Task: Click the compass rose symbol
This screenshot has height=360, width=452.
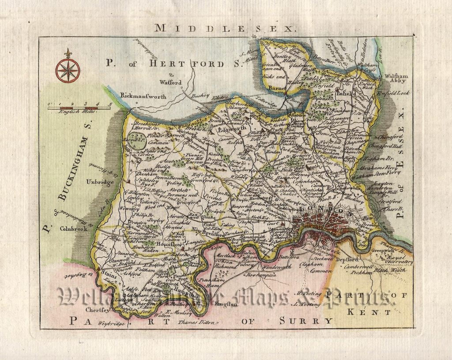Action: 68,70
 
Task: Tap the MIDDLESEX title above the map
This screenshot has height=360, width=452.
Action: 224,29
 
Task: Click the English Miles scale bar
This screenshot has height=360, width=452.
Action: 79,107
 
